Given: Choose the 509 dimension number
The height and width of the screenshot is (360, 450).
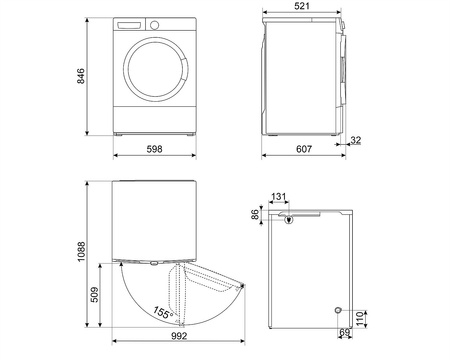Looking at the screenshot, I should [x=95, y=297].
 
